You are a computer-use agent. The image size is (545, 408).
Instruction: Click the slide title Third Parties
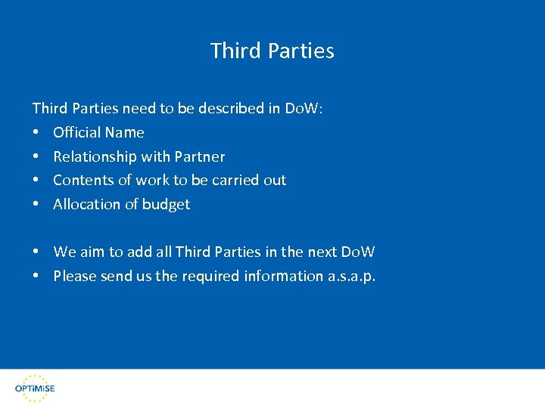coord(272,51)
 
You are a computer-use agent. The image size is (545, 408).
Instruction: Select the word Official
coord(76,132)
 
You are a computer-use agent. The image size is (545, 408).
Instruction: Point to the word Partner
coord(200,156)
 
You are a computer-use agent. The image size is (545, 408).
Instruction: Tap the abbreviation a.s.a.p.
coord(351,277)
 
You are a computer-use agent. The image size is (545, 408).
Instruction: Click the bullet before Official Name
coord(36,133)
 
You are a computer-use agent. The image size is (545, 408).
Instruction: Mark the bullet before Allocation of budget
coord(36,205)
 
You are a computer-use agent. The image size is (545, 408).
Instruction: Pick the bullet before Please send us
coord(36,277)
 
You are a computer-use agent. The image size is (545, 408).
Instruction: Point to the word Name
coord(125,132)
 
